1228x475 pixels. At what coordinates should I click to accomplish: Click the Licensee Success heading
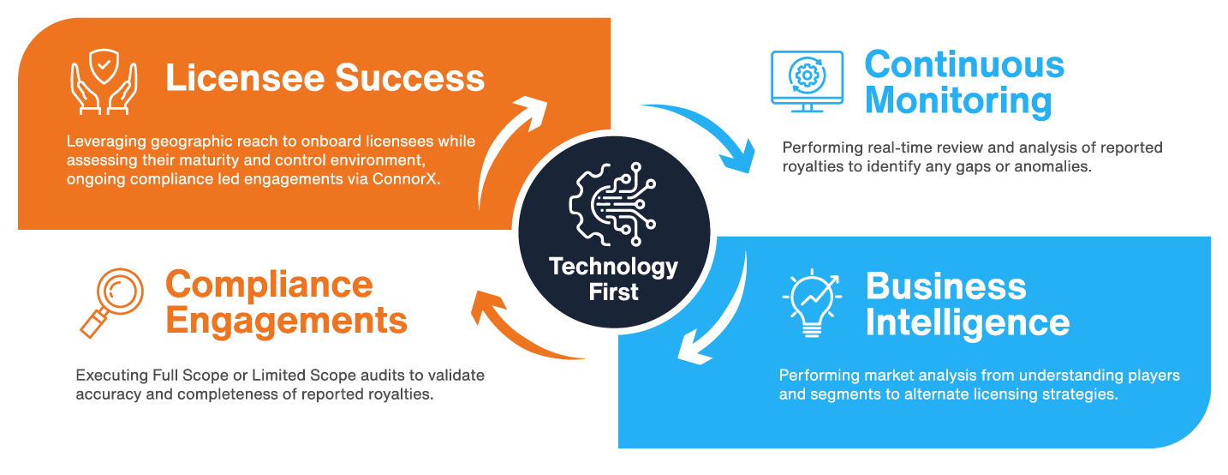pyautogui.click(x=325, y=78)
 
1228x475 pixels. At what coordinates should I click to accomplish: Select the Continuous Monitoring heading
pyautogui.click(x=964, y=82)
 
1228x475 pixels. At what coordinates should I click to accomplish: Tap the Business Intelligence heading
pyautogui.click(x=967, y=304)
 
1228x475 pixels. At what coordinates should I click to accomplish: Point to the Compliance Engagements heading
pyautogui.click(x=286, y=302)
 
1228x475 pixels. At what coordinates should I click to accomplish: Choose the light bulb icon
pyautogui.click(x=811, y=303)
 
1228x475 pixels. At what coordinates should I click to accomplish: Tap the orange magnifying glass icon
pyautogui.click(x=111, y=301)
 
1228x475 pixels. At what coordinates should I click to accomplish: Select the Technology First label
pyautogui.click(x=613, y=279)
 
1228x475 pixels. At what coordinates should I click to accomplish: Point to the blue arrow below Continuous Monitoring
pyautogui.click(x=702, y=136)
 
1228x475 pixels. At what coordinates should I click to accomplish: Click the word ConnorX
pyautogui.click(x=412, y=178)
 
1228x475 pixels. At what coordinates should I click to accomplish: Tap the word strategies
pyautogui.click(x=1085, y=395)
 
